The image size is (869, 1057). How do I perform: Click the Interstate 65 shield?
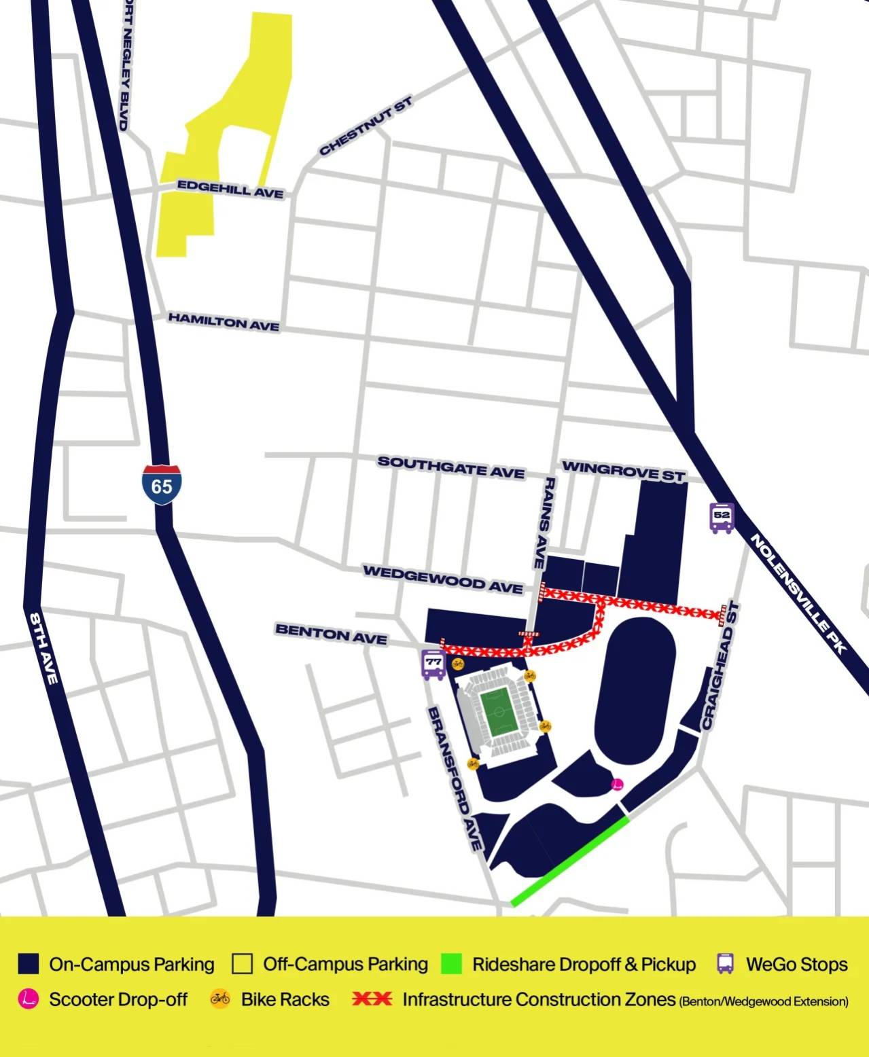(x=162, y=485)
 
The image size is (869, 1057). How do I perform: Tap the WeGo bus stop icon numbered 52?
(x=722, y=518)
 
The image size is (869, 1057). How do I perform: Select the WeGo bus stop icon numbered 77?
(x=433, y=664)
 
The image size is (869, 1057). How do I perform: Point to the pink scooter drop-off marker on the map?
(x=618, y=785)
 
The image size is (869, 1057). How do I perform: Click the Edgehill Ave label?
(x=230, y=189)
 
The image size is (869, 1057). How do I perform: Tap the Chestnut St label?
(x=366, y=126)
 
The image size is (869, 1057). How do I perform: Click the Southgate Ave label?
(x=451, y=467)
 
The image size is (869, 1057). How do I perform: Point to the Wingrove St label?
(x=623, y=470)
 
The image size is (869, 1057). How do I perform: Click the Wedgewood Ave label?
(x=443, y=579)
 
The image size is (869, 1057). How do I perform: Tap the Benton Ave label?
(x=331, y=634)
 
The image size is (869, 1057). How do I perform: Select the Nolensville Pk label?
(x=799, y=593)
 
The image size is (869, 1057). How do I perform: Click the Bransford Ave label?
(x=455, y=778)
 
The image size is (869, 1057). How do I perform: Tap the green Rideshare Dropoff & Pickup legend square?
(x=451, y=964)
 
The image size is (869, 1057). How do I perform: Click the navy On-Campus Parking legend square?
(x=29, y=964)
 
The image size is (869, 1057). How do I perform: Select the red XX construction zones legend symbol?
(x=372, y=999)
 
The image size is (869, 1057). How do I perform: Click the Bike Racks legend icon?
(x=220, y=999)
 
